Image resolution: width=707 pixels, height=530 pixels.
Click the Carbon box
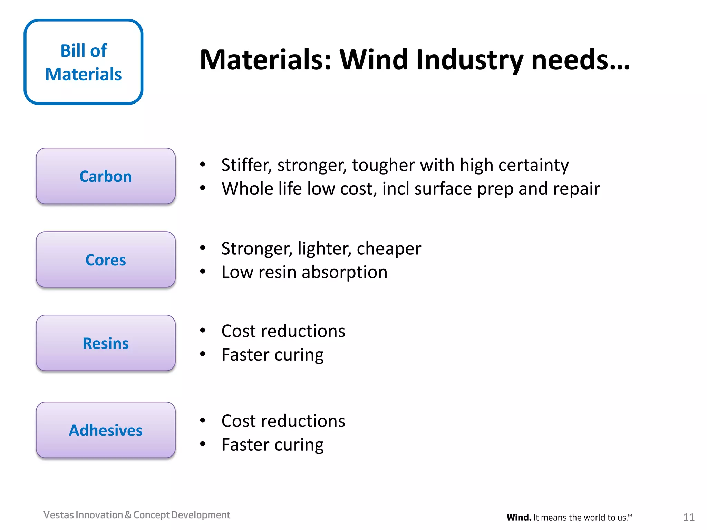pos(106,176)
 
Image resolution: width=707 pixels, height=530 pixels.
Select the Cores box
pos(106,259)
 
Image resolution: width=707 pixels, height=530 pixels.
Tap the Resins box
pos(106,343)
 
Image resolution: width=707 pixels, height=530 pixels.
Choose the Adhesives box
pos(106,430)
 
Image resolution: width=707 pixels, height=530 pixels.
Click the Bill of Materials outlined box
pos(84,62)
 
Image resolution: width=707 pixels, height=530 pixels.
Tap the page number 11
pos(689,517)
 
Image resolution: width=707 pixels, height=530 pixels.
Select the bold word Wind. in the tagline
pos(519,518)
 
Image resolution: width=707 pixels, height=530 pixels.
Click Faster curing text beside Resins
pos(272,355)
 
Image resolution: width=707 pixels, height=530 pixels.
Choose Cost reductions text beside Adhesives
pos(283,421)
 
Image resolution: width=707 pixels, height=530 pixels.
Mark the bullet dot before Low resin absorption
pos(203,272)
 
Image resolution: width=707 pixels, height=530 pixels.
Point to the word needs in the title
pos(580,60)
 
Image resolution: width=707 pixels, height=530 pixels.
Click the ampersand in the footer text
pos(128,515)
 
